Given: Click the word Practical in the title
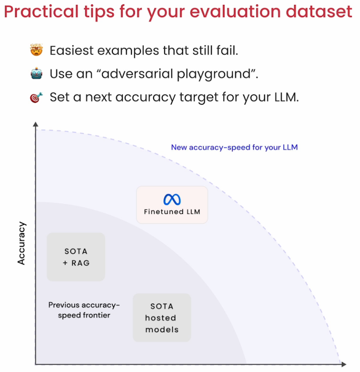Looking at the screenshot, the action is point(41,12).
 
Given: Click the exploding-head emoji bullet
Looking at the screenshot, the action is point(36,50).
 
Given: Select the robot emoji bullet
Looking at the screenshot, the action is point(36,73).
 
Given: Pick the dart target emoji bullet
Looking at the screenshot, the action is point(36,97).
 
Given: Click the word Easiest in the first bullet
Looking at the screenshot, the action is point(71,51).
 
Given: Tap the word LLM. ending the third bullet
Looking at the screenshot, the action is point(287,97).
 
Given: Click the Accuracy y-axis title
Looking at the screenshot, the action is point(21,243).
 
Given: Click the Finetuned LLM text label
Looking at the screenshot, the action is point(172,211).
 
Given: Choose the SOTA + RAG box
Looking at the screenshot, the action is point(76,257).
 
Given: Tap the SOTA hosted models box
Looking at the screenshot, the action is point(162,317).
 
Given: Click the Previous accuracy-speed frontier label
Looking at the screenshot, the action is point(84,310).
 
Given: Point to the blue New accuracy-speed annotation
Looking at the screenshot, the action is point(234,147).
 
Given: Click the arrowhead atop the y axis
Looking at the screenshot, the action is point(36,124).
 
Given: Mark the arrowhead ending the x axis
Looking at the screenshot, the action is point(344,364).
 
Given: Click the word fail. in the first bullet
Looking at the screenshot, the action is point(227,51).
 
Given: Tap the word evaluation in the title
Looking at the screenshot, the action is point(235,12).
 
